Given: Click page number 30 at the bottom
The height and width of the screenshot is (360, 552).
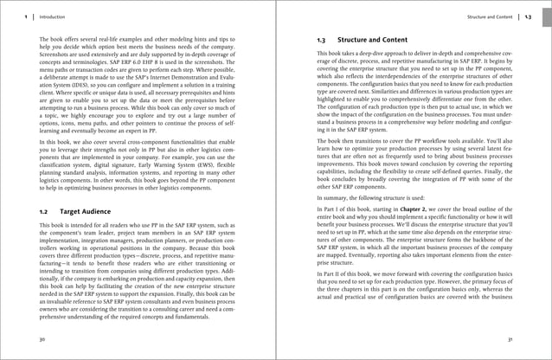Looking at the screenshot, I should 42,339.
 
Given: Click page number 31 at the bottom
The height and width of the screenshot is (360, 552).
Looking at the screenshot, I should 510,339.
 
